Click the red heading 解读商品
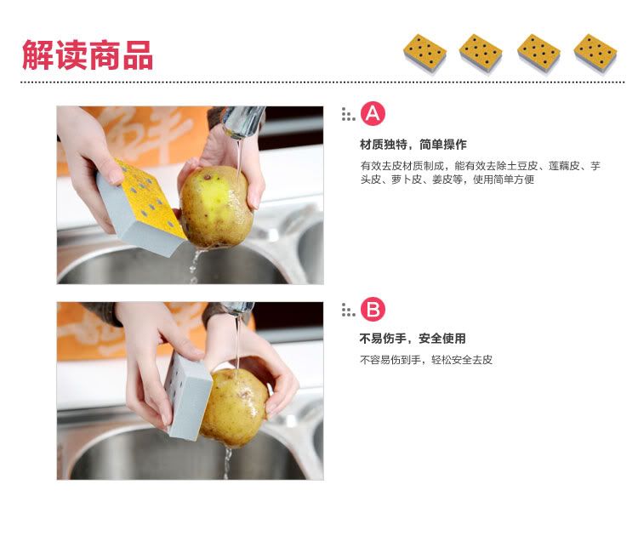point(88,54)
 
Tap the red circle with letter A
point(373,113)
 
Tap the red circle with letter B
point(373,310)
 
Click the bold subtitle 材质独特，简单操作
point(413,145)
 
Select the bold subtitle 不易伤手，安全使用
point(413,339)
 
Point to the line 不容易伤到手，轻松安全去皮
point(426,360)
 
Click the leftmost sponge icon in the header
point(424,54)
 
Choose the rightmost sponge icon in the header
point(595,54)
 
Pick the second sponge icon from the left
point(481,54)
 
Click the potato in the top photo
point(216,207)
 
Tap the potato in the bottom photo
point(235,408)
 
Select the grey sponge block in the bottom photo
point(188,396)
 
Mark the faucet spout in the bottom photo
point(238,308)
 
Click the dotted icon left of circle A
point(348,114)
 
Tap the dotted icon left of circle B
point(348,310)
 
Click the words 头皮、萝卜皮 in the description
point(390,180)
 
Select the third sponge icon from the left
point(538,54)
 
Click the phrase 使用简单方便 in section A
point(504,180)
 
